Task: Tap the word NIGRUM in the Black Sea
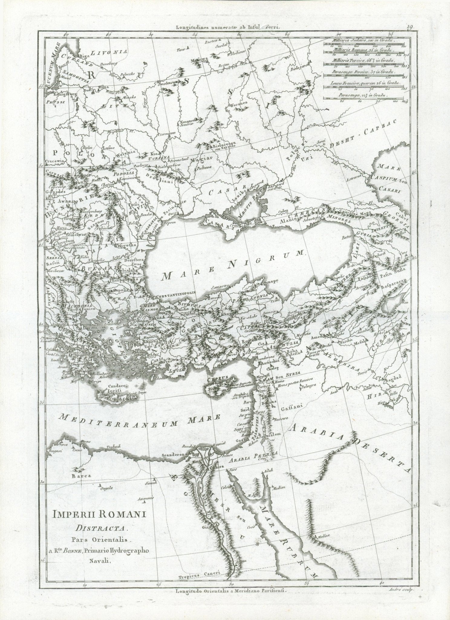(x=263, y=261)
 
